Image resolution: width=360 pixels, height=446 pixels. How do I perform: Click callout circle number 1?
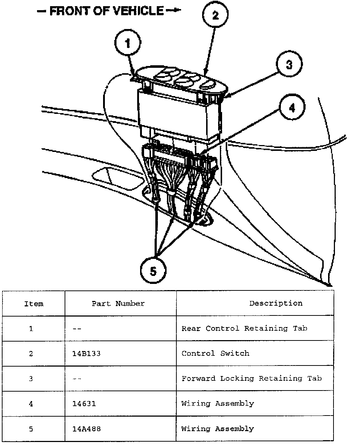pyautogui.click(x=128, y=44)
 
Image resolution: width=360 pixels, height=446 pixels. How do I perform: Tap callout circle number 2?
pyautogui.click(x=216, y=16)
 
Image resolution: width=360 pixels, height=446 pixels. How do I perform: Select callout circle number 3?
pyautogui.click(x=289, y=65)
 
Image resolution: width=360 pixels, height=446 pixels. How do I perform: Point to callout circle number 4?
pyautogui.click(x=292, y=108)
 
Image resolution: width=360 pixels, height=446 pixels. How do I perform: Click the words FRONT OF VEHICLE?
pyautogui.click(x=107, y=11)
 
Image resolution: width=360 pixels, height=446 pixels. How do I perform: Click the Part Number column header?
pyautogui.click(x=118, y=303)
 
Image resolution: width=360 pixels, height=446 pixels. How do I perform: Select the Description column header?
pyautogui.click(x=276, y=303)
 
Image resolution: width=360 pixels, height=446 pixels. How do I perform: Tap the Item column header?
pyautogui.click(x=34, y=303)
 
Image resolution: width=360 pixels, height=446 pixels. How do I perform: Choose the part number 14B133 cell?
pyautogui.click(x=87, y=354)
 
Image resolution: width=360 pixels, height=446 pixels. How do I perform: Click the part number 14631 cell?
pyautogui.click(x=85, y=404)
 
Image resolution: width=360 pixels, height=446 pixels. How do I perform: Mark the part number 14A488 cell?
pyautogui.click(x=87, y=429)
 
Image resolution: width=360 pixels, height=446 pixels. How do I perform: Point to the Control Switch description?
pyautogui.click(x=215, y=354)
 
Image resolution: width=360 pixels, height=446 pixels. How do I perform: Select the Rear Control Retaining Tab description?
pyautogui.click(x=244, y=329)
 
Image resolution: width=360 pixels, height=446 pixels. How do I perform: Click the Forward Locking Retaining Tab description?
pyautogui.click(x=251, y=379)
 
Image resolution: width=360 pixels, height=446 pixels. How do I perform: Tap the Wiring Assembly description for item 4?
pyautogui.click(x=218, y=404)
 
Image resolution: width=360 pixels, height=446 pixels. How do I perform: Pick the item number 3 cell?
pyautogui.click(x=31, y=379)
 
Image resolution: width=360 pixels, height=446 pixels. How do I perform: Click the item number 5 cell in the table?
pyautogui.click(x=31, y=429)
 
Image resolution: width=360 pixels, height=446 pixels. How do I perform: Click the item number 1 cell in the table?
pyautogui.click(x=31, y=329)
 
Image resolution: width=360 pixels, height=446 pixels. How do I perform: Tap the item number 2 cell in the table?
pyautogui.click(x=31, y=354)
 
